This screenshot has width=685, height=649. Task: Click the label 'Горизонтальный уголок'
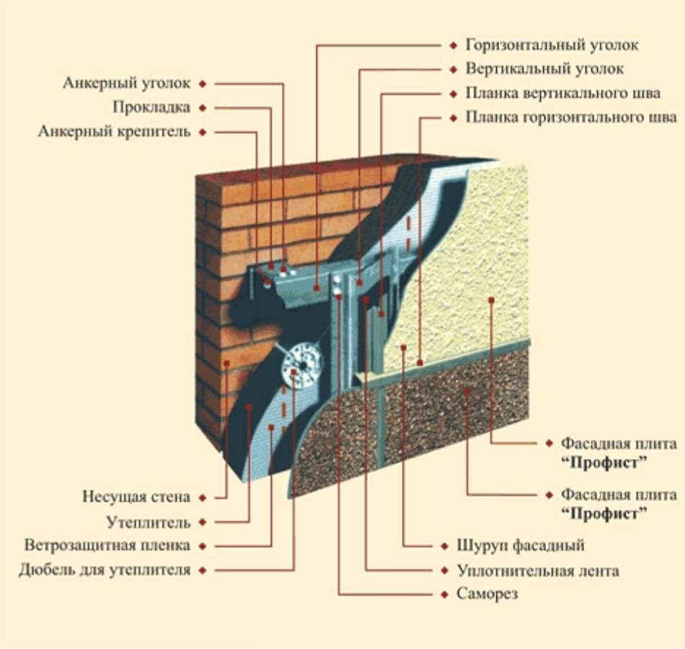tap(552, 45)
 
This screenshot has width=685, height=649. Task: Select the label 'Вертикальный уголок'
tap(545, 69)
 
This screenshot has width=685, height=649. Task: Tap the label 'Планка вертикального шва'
tap(563, 94)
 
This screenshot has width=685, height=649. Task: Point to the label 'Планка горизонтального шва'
tap(570, 117)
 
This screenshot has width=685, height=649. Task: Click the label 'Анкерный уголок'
tap(126, 84)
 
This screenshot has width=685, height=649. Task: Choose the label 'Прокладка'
tap(151, 107)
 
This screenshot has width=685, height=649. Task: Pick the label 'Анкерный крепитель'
tap(115, 132)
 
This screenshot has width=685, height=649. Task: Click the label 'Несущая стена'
tap(136, 497)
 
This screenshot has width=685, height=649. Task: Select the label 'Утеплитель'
tap(148, 522)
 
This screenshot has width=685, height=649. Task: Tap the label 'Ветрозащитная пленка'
tap(107, 545)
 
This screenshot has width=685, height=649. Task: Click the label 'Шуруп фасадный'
tap(520, 545)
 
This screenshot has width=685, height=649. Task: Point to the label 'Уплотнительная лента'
tap(537, 570)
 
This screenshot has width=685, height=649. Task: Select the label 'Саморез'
tap(487, 594)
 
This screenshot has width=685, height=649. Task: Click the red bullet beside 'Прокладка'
tap(203, 108)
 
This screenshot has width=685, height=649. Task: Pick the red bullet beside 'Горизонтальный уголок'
tap(453, 45)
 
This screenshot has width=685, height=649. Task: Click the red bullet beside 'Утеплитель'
tap(203, 522)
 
